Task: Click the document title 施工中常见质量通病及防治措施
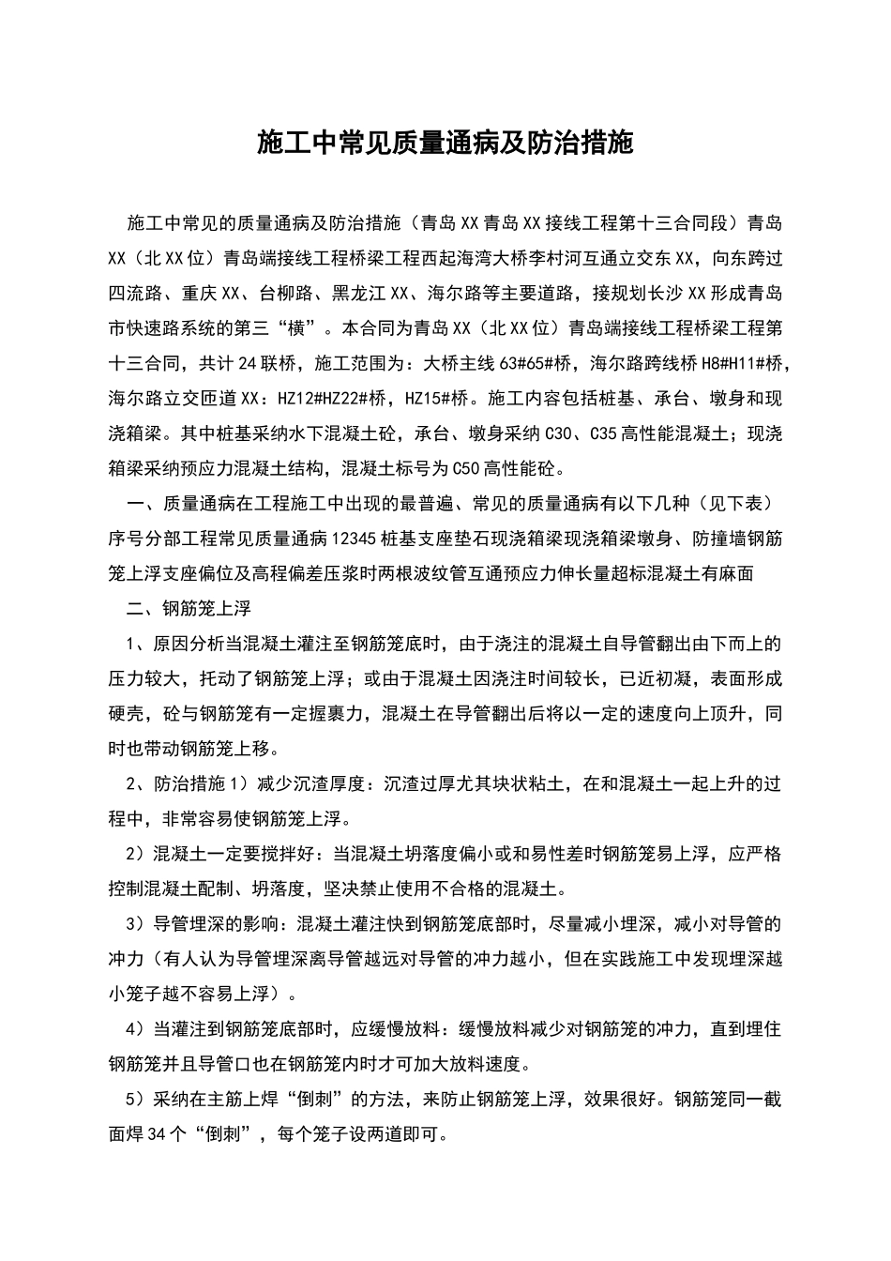pos(445,144)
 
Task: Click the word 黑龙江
pos(360,293)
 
